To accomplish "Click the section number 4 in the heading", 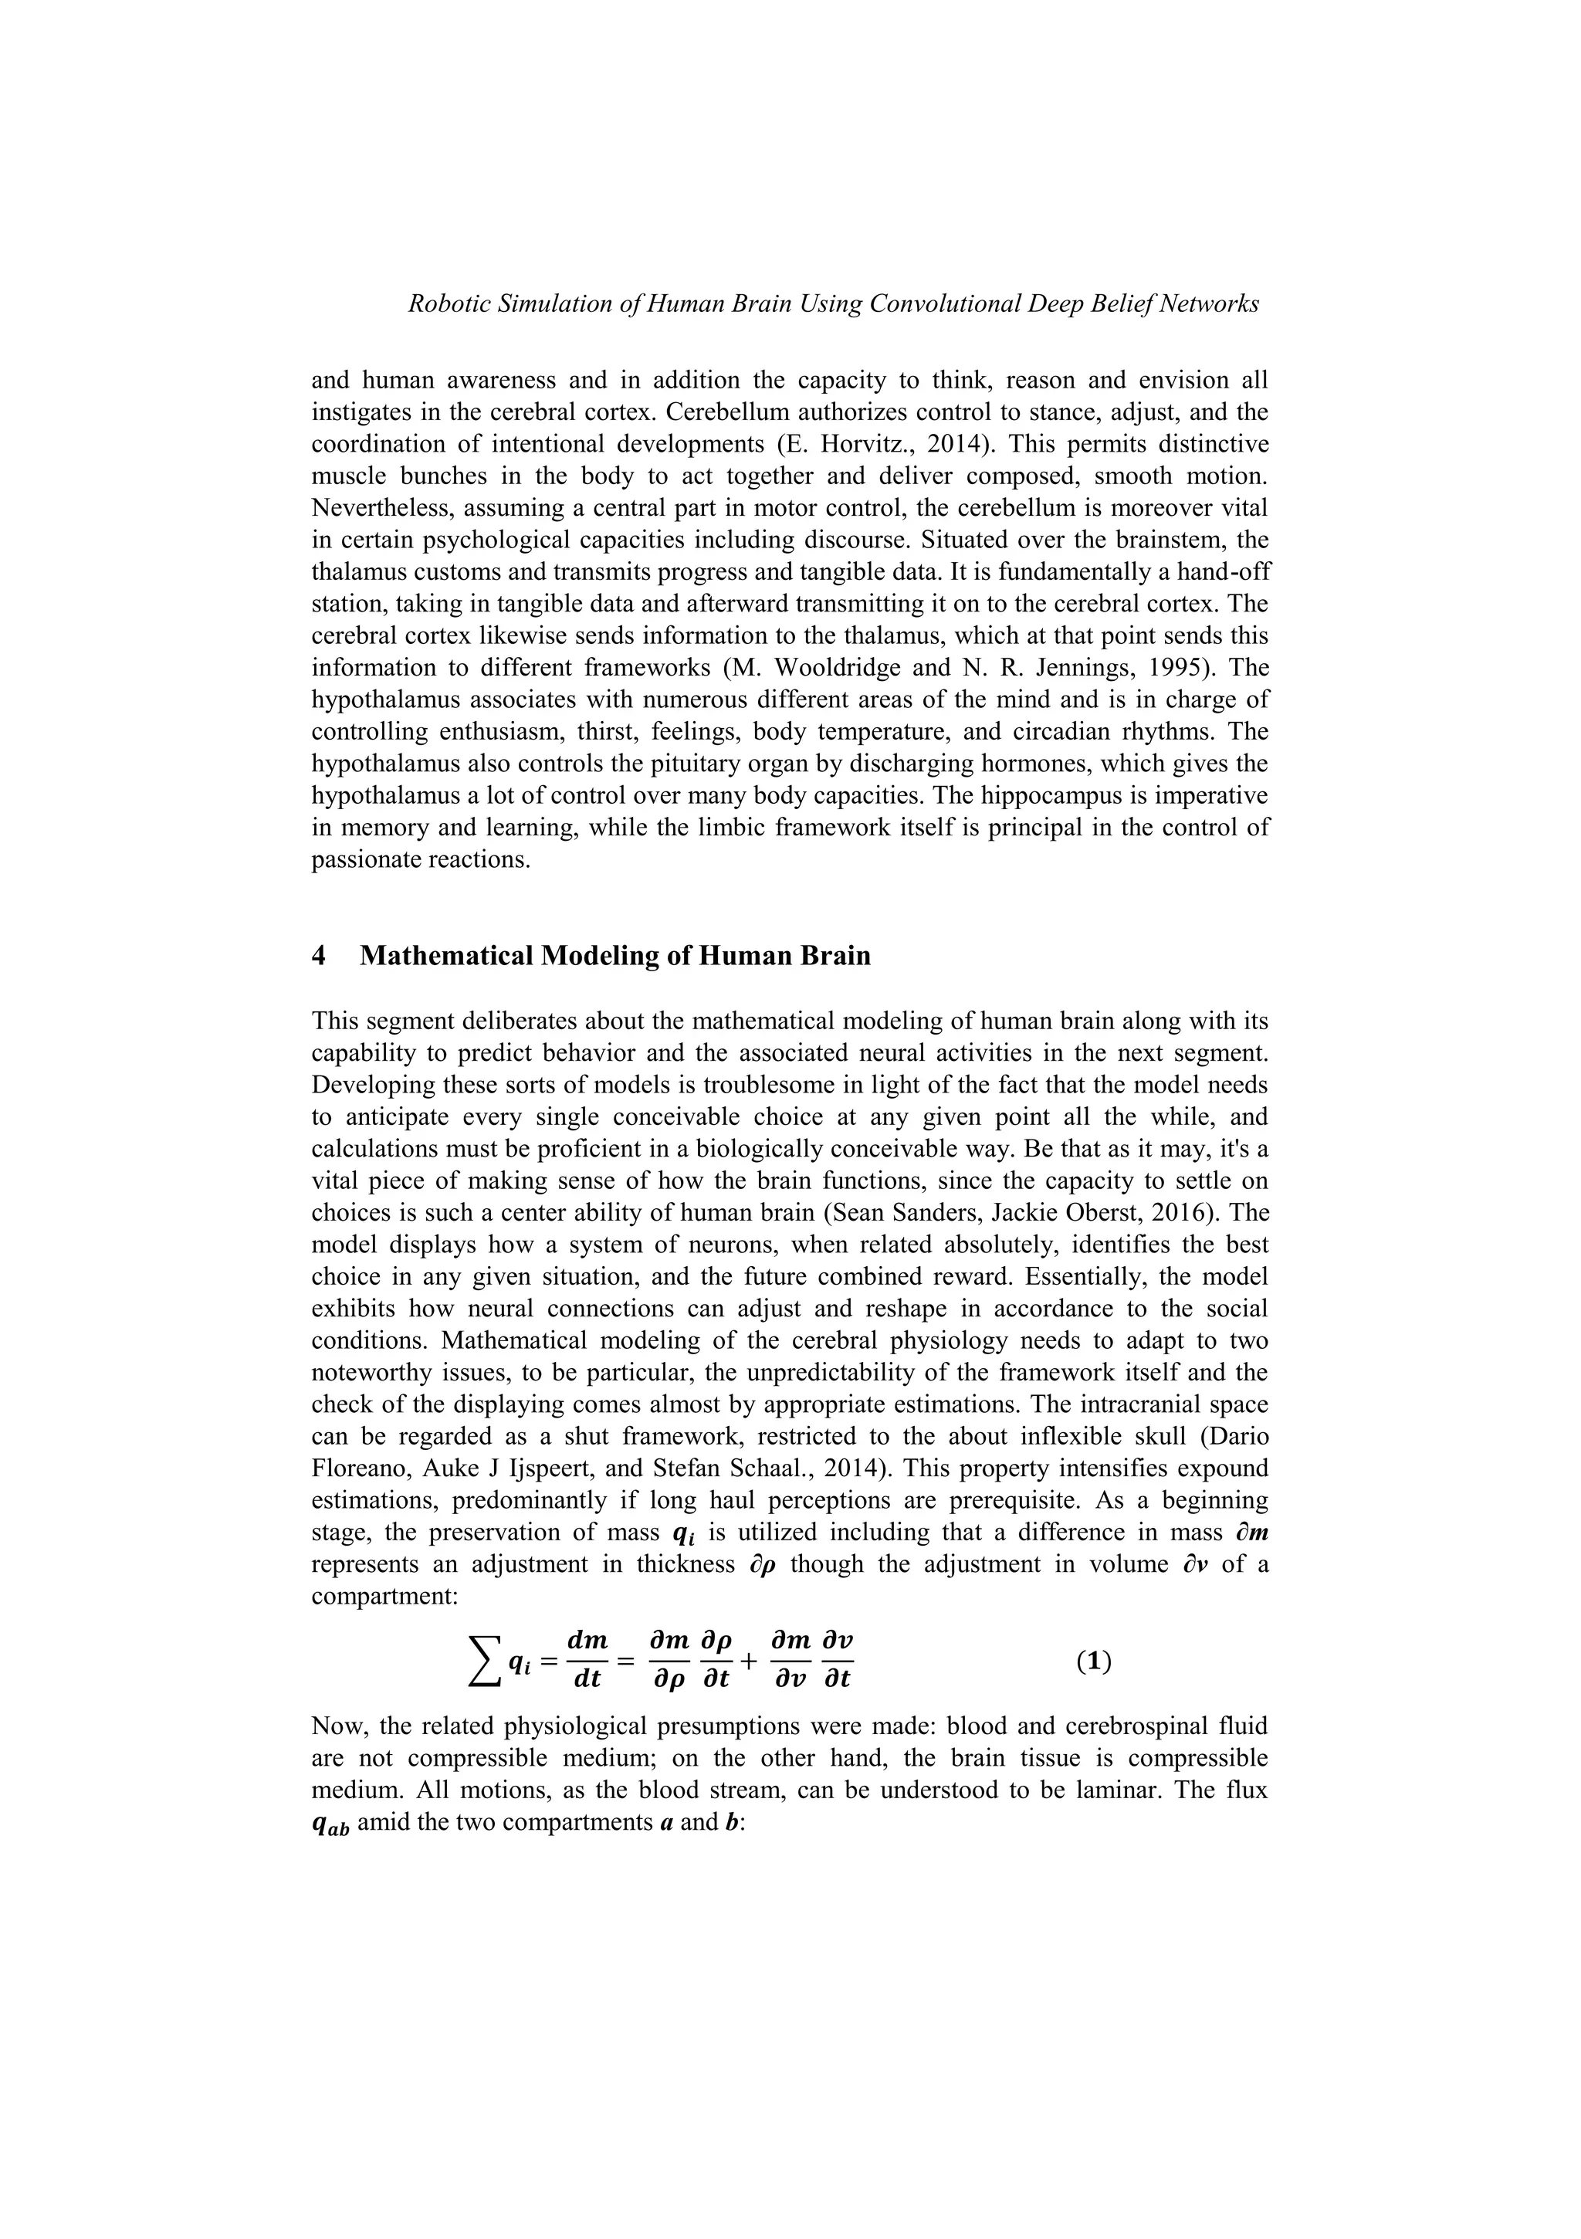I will pyautogui.click(x=319, y=956).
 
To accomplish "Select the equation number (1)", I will pyautogui.click(x=1093, y=1661).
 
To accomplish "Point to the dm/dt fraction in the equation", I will pyautogui.click(x=586, y=1661).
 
